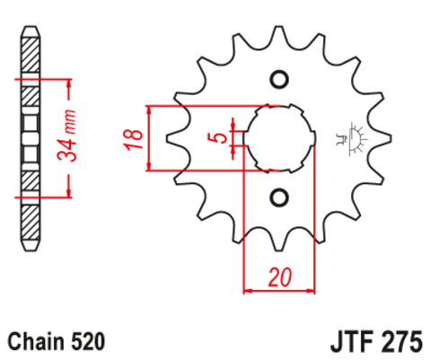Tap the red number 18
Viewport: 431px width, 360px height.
[132, 137]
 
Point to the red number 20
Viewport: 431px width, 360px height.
[279, 277]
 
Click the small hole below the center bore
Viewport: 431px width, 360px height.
[278, 197]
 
